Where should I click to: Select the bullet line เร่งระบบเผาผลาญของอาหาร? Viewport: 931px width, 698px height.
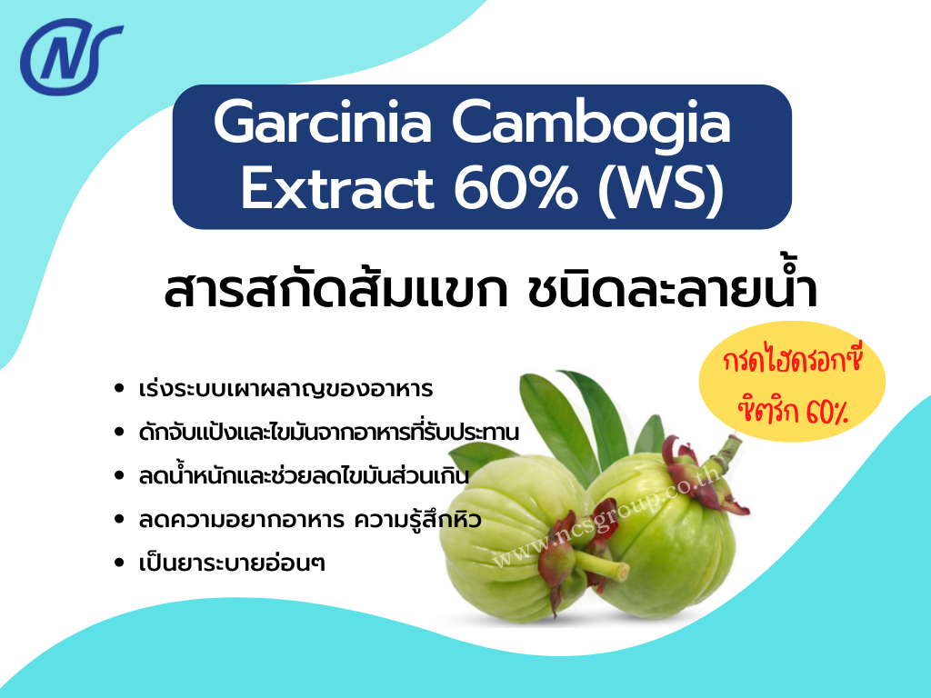[286, 390]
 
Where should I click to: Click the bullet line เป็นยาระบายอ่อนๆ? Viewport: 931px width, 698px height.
[232, 563]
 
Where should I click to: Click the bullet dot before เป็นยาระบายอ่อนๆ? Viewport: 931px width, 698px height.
[120, 563]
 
